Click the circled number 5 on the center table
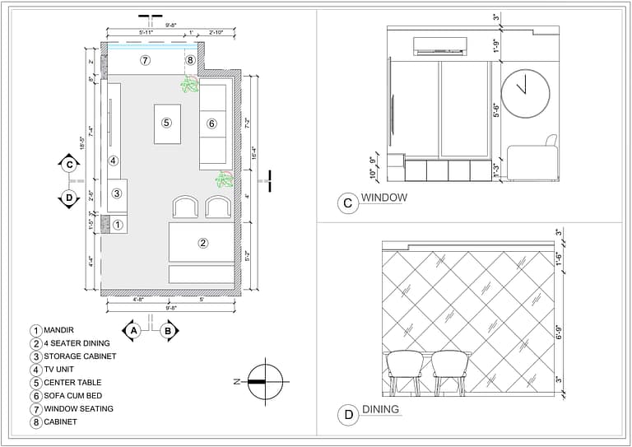[166, 123]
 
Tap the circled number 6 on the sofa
[211, 123]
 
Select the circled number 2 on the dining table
[203, 243]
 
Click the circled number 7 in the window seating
[145, 60]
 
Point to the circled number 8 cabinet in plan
[191, 60]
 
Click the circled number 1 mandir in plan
[118, 224]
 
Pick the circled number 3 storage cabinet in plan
[118, 193]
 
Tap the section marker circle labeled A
[132, 331]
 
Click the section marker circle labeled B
[168, 331]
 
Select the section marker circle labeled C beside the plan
[68, 164]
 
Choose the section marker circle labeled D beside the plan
[68, 198]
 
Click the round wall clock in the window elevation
[526, 92]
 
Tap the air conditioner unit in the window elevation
[440, 45]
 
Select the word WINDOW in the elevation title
[383, 198]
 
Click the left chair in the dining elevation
[405, 368]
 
